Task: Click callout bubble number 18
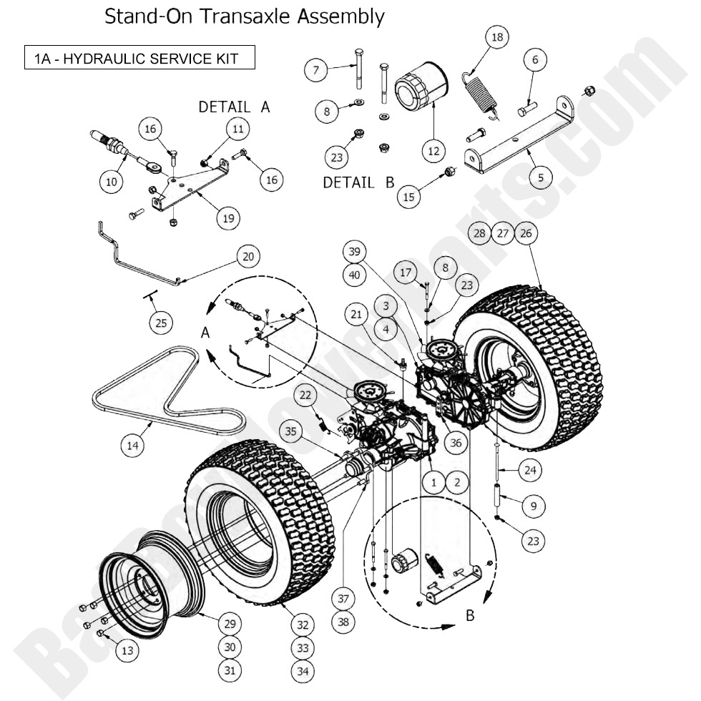pyautogui.click(x=498, y=37)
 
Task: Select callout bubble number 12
pyautogui.click(x=434, y=151)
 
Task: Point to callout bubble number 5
pyautogui.click(x=540, y=176)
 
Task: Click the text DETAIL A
pyautogui.click(x=234, y=107)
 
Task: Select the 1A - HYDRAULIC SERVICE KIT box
pyautogui.click(x=139, y=58)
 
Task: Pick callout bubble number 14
pyautogui.click(x=132, y=446)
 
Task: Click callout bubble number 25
pyautogui.click(x=161, y=323)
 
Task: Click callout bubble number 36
pyautogui.click(x=455, y=443)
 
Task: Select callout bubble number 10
pyautogui.click(x=111, y=182)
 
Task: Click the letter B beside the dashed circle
pyautogui.click(x=470, y=615)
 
